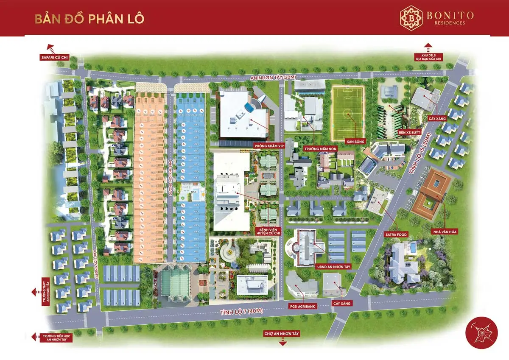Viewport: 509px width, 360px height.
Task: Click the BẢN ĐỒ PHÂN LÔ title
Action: (89, 19)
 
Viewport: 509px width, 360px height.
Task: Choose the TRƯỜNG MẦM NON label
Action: (317, 149)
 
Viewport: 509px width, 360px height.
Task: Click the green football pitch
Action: (348, 113)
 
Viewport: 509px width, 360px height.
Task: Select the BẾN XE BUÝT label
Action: (408, 133)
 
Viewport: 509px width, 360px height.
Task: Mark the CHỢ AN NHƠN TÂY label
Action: (282, 334)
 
